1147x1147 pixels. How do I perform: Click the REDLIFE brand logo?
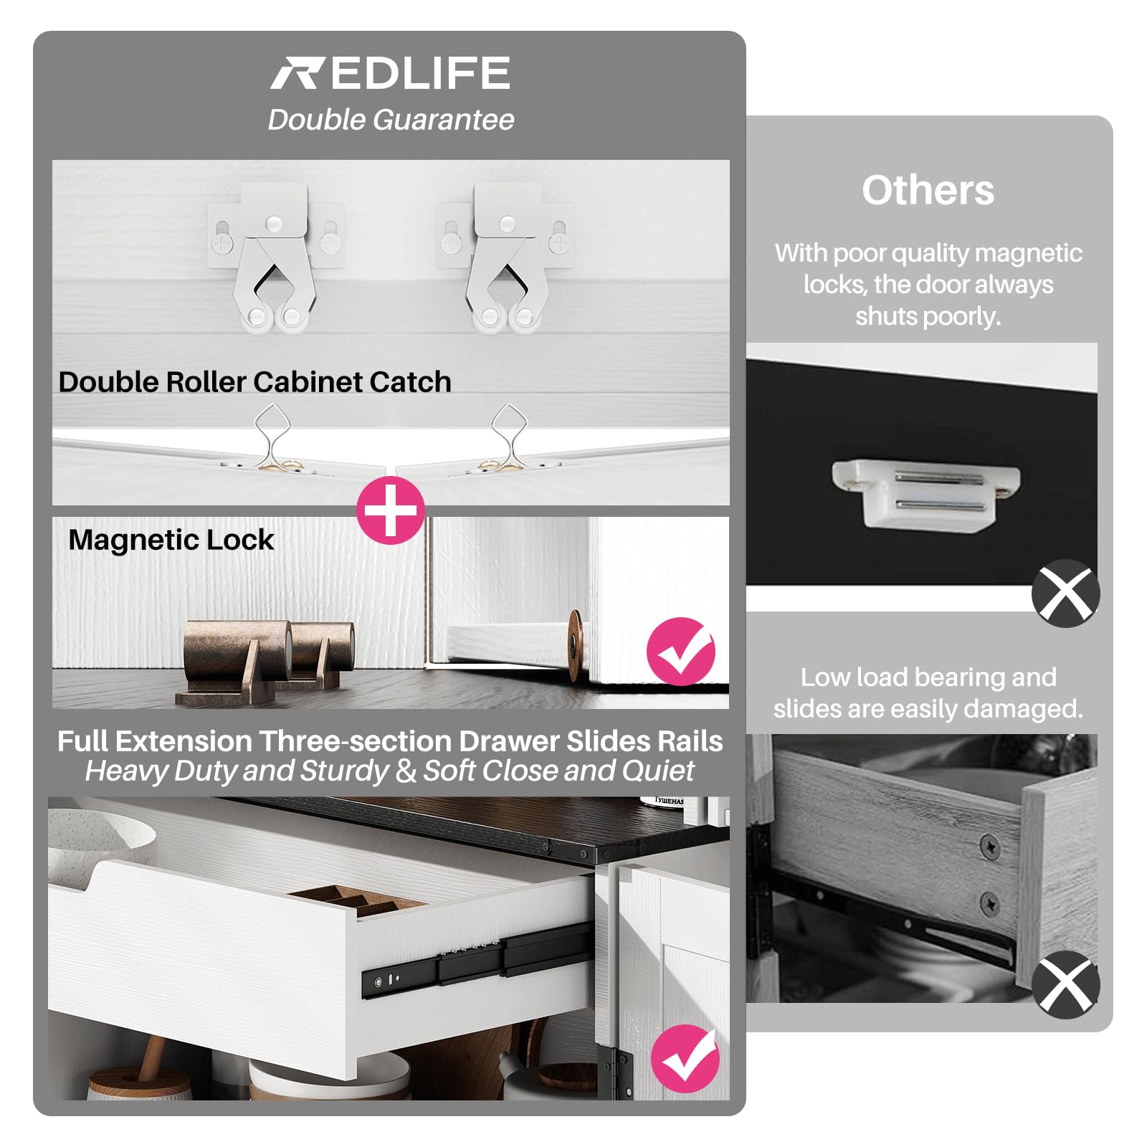tap(390, 73)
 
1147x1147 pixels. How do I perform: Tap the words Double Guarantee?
tap(391, 120)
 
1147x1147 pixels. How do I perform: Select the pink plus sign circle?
tap(391, 510)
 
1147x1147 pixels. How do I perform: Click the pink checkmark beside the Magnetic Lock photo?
tap(681, 652)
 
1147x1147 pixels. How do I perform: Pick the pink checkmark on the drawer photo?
tap(685, 1059)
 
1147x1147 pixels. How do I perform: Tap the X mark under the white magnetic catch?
tap(1066, 594)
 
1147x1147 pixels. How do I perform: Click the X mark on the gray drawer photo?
tap(1066, 985)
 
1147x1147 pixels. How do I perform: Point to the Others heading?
tap(928, 190)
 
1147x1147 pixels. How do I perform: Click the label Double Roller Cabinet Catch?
tap(254, 382)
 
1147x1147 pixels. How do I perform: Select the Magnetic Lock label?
tap(171, 540)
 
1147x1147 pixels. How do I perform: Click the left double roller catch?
tap(275, 257)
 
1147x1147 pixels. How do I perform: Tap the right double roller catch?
tap(506, 257)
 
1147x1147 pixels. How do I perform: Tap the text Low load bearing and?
tap(928, 677)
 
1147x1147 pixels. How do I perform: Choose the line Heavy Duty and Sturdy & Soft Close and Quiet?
tap(390, 771)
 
